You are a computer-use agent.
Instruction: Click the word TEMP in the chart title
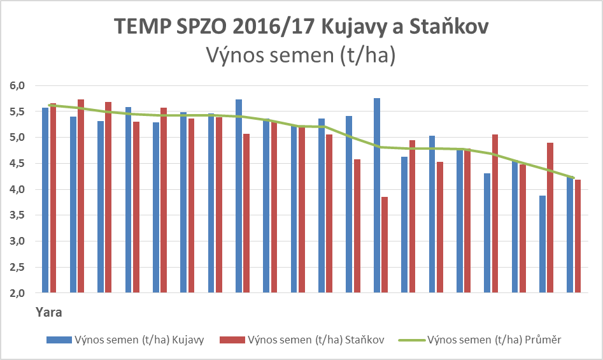point(141,27)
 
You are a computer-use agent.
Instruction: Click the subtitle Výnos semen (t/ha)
point(301,57)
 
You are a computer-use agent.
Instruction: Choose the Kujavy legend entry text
point(139,340)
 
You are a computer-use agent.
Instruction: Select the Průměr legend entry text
point(494,340)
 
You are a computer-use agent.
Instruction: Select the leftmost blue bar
point(45,200)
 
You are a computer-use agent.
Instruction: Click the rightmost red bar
point(577,236)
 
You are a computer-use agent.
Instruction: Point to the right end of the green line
point(574,178)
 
